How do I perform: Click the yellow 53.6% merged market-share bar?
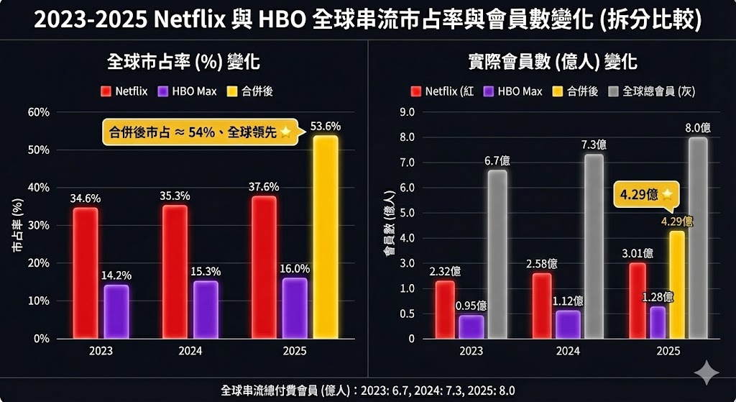tap(326, 237)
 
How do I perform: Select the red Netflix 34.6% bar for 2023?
tap(86, 273)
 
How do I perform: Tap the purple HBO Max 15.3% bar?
tap(206, 309)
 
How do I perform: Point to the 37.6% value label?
tap(264, 187)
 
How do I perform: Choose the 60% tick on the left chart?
tap(38, 112)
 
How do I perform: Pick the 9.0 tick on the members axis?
tap(406, 112)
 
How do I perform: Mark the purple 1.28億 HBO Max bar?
tap(658, 322)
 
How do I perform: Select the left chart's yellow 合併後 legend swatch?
tap(231, 91)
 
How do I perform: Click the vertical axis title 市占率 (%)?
tap(17, 224)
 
